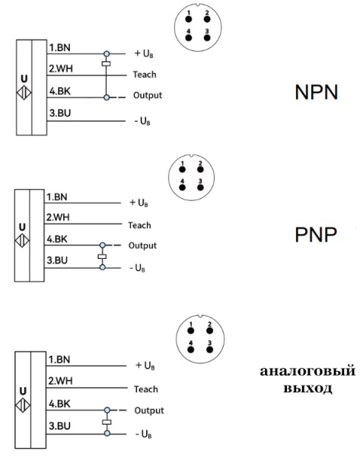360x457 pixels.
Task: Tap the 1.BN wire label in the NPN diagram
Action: pos(59,48)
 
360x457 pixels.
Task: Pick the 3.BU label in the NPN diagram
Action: pos(59,114)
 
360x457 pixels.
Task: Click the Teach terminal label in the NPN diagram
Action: pos(145,75)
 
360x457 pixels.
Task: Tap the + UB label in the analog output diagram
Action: pos(145,366)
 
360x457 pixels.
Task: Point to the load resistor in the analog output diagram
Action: pos(106,421)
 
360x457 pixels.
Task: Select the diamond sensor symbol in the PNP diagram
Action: pos(22,238)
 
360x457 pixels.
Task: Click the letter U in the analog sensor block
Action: pos(22,386)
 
